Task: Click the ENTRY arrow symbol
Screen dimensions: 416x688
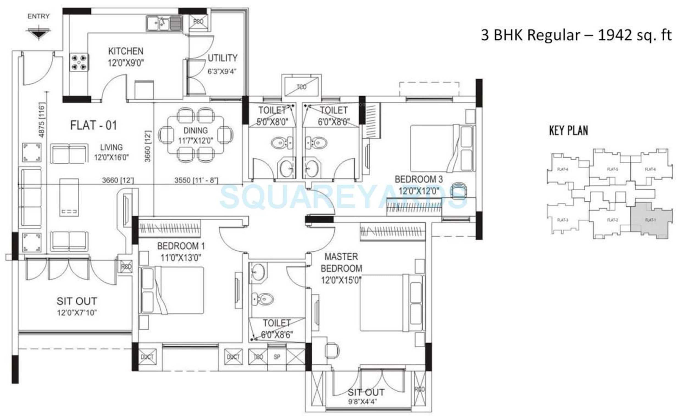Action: tap(39, 32)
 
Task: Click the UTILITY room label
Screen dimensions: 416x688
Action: tap(222, 58)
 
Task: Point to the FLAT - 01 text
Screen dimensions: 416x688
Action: tap(94, 125)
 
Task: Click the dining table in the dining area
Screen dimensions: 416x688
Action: tap(195, 135)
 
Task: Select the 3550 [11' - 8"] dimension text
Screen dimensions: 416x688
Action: tap(196, 180)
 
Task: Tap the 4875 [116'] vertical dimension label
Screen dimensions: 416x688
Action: tap(42, 120)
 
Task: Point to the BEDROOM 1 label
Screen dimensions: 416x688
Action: tap(181, 246)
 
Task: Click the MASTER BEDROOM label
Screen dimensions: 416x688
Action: tap(341, 262)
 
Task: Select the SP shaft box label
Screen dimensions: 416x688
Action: tap(277, 357)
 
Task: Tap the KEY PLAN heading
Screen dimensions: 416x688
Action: tap(568, 131)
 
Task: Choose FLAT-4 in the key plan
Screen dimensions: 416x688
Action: tap(562, 169)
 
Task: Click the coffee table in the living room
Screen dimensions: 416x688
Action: tap(69, 197)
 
